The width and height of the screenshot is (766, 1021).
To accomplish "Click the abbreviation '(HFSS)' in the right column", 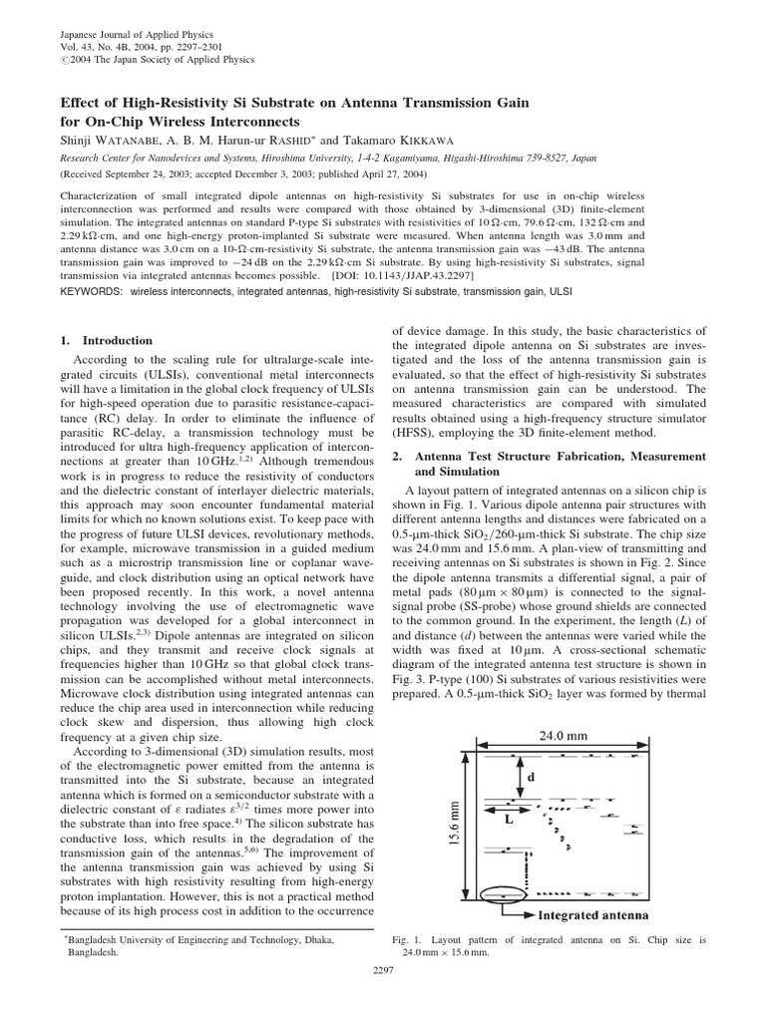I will [414, 432].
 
